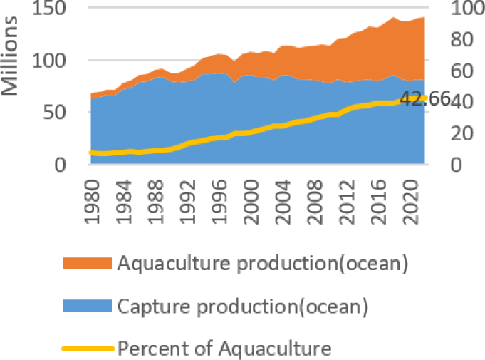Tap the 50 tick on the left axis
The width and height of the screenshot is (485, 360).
pyautogui.click(x=56, y=113)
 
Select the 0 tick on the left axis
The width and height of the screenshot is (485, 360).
pyautogui.click(x=62, y=165)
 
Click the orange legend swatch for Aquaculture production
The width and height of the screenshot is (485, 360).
pyautogui.click(x=88, y=263)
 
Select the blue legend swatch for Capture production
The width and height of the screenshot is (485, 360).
pyautogui.click(x=88, y=306)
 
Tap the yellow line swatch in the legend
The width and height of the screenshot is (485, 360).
pyautogui.click(x=88, y=349)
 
